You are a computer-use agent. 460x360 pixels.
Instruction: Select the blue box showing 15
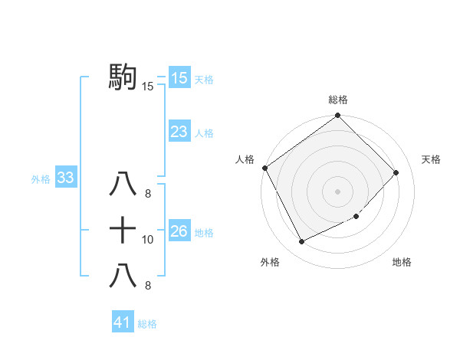pos(179,78)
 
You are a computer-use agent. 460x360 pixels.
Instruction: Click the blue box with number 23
pos(179,132)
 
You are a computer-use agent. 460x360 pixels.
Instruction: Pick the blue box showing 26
pos(179,231)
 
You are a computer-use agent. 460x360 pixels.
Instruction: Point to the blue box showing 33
pos(65,178)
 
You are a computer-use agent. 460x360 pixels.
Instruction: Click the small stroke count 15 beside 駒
pos(148,87)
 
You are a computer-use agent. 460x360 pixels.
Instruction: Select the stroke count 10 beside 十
pos(148,240)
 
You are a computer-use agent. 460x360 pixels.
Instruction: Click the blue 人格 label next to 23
pos(204,133)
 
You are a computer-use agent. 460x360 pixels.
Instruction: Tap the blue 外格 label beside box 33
pos(41,179)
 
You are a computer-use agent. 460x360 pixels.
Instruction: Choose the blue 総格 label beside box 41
pos(147,324)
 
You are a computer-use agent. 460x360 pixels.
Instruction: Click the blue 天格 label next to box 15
pos(204,79)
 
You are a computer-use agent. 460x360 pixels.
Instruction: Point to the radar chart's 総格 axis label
pos(338,100)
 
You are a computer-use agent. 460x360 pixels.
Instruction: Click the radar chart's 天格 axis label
pos(432,159)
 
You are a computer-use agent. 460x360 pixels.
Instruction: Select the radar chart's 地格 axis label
pos(402,263)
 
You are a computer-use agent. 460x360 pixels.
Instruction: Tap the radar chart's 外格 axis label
pos(270,263)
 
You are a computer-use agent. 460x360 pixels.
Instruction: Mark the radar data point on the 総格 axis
pos(338,116)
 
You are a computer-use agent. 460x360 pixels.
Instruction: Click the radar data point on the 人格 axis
pos(265,168)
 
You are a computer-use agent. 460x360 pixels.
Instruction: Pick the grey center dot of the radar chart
pos(338,191)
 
